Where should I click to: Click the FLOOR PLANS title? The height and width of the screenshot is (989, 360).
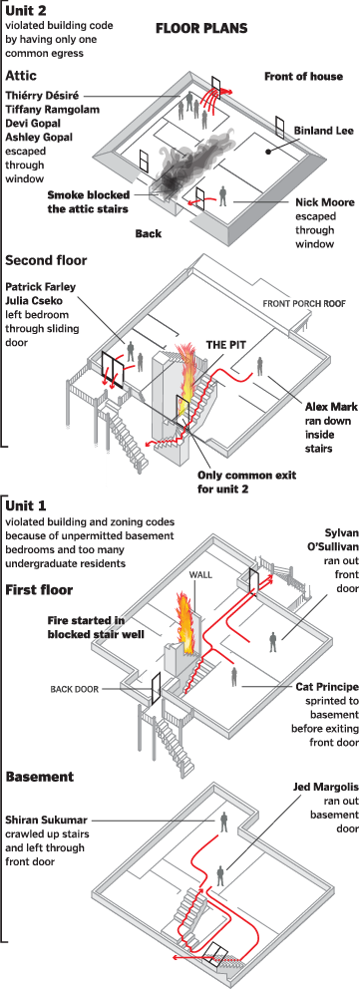[199, 29]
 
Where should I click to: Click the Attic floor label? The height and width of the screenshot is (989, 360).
[23, 76]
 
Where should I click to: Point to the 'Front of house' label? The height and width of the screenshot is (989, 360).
[303, 76]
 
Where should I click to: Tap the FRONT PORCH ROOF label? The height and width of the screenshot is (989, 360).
[303, 303]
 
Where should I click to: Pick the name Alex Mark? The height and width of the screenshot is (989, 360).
[328, 408]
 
